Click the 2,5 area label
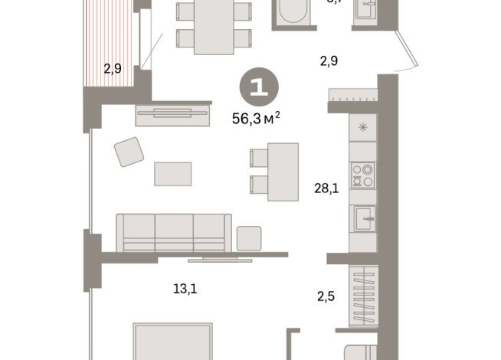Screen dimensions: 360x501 point(326,294)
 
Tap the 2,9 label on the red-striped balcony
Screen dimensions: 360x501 point(112,68)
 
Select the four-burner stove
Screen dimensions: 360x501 point(362,175)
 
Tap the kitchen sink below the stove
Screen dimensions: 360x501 point(363,221)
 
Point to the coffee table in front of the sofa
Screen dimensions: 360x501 point(172,173)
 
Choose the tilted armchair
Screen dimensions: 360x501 point(129,152)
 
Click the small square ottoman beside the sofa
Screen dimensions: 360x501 point(249,238)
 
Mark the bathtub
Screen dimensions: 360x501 point(292,14)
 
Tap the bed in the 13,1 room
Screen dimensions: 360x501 point(172,342)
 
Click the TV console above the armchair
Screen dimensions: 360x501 point(172,114)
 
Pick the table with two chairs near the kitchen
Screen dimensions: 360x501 point(282,171)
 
